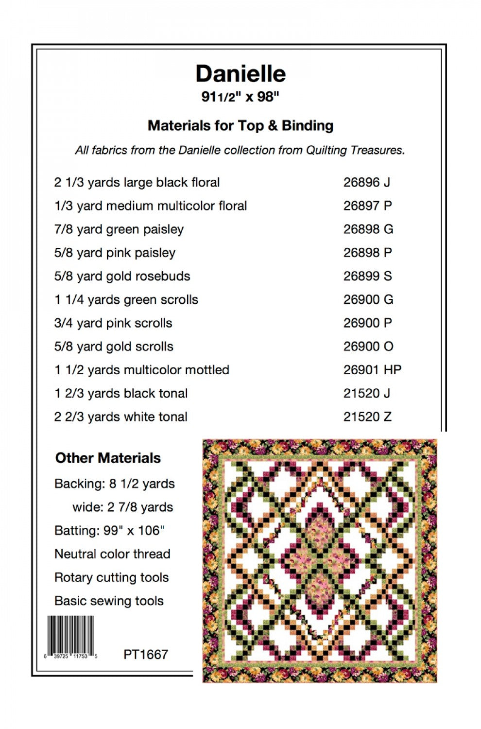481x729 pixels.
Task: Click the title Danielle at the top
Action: click(240, 74)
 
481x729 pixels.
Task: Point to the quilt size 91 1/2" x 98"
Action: click(240, 97)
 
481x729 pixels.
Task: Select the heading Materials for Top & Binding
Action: click(240, 126)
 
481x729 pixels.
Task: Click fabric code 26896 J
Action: click(367, 182)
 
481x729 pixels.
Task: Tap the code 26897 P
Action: click(367, 206)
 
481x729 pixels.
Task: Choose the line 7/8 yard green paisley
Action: click(119, 229)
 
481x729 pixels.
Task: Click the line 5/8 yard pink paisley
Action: click(115, 253)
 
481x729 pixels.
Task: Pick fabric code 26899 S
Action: click(367, 276)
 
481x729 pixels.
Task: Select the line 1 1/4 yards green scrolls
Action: click(126, 299)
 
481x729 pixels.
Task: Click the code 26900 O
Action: click(368, 347)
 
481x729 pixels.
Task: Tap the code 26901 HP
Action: click(372, 370)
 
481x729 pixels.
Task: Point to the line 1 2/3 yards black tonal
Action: click(121, 393)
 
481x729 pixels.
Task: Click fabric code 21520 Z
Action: click(367, 417)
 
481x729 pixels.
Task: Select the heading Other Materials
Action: click(108, 458)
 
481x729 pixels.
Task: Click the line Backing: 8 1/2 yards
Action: click(115, 484)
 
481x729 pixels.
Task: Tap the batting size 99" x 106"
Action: click(134, 530)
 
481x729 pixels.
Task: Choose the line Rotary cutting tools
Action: click(112, 577)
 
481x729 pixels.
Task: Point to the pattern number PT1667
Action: click(146, 654)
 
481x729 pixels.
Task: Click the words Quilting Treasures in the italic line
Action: click(355, 150)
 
